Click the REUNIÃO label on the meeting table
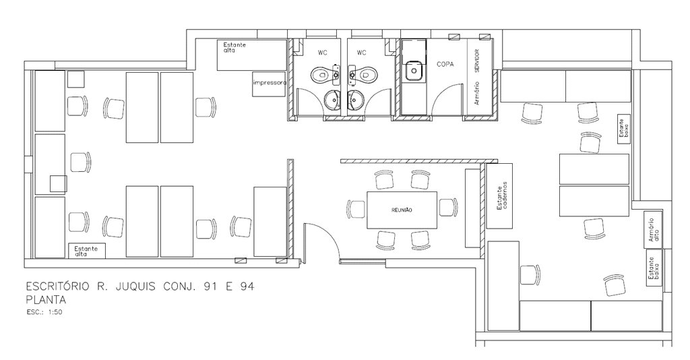coord(402,210)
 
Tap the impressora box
coord(269,83)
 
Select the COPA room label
coord(445,64)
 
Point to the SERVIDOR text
coord(477,60)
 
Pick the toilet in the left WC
coord(324,75)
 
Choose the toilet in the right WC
coord(360,75)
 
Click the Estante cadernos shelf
coord(499,196)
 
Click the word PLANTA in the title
coord(46,300)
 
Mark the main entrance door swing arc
coord(329,234)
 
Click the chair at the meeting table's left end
coord(356,208)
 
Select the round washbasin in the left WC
coord(333,100)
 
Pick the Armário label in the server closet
coord(477,93)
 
